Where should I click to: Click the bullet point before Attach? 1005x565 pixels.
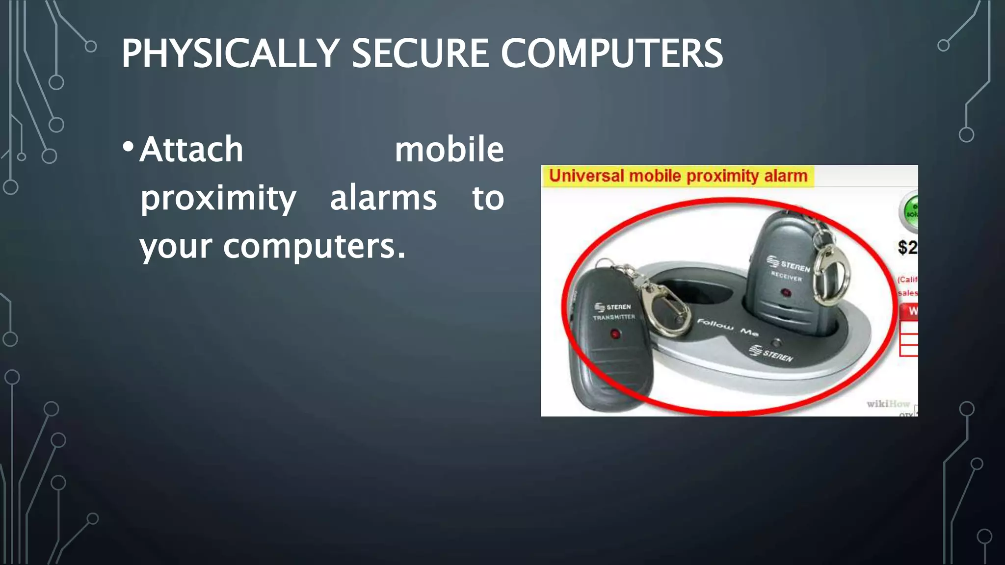point(128,147)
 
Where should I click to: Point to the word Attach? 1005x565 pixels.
point(191,150)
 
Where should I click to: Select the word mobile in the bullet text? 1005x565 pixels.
point(449,150)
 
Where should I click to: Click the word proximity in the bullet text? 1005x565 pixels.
point(218,199)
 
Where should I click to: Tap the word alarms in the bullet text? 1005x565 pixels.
point(383,198)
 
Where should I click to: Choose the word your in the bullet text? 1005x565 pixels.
point(177,247)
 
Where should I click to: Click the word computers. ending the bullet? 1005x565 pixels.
point(314,247)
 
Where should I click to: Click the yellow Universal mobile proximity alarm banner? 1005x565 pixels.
point(678,176)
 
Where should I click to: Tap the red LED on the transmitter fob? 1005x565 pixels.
point(615,334)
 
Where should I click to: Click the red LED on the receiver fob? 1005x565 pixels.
point(786,293)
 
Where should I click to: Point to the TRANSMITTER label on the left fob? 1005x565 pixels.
point(613,317)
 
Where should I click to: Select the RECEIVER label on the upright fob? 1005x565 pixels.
point(786,276)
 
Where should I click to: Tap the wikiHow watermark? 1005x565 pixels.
point(888,404)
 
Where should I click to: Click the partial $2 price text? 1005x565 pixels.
point(907,247)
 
